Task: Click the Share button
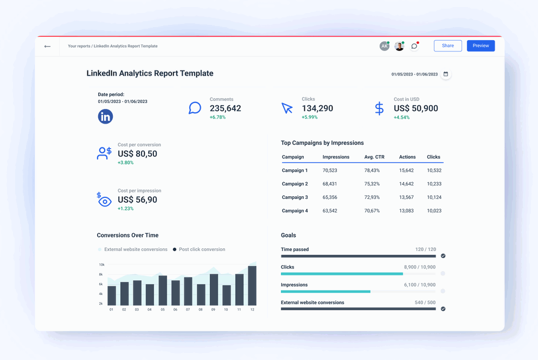coord(447,46)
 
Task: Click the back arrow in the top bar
coord(48,47)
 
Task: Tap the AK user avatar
coord(384,46)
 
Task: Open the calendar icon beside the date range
coord(446,74)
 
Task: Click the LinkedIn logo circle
coord(105,116)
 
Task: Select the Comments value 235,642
coord(225,108)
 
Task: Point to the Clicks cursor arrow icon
coord(287,108)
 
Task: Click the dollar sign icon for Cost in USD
coord(379,108)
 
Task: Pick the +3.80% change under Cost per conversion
coord(125,163)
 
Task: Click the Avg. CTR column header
coord(374,157)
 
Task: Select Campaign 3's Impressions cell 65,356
coord(330,197)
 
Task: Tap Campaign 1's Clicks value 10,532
coord(434,171)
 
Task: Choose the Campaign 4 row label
coord(294,211)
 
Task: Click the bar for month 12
coord(252,285)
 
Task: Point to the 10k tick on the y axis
coord(101,265)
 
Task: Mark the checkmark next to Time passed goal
coord(443,255)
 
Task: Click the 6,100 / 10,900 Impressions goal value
coord(420,285)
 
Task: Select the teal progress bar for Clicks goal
coord(342,274)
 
